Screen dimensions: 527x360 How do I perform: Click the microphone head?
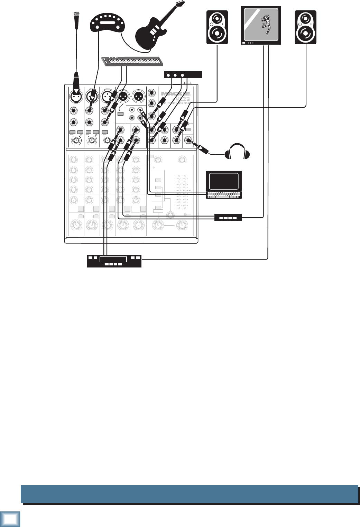(x=76, y=16)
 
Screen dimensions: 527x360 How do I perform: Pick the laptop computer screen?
(x=224, y=181)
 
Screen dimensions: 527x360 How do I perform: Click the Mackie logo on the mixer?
(x=176, y=93)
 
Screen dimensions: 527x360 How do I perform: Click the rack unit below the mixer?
(x=114, y=261)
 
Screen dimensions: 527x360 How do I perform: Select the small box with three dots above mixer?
(x=182, y=75)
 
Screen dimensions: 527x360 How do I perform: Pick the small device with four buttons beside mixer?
(x=228, y=218)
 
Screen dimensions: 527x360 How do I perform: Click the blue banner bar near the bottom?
(x=189, y=494)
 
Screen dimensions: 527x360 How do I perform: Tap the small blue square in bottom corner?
(x=10, y=519)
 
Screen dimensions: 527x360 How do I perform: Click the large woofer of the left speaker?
(x=217, y=34)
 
